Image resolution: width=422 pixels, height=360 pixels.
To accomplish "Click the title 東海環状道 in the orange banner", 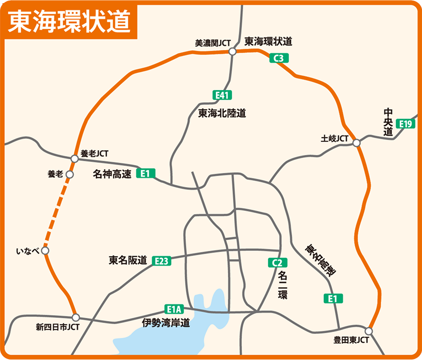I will coord(70,21).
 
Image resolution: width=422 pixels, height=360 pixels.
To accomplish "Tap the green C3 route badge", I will coord(279,59).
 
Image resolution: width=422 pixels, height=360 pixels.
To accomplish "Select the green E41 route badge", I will coord(223,95).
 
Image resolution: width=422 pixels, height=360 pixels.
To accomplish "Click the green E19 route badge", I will coord(407,124).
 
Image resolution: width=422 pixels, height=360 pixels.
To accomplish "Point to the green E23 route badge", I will coord(161,260).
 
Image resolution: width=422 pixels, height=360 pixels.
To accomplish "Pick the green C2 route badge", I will coord(276,262).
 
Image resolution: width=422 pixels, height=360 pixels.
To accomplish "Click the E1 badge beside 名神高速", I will coord(146,173).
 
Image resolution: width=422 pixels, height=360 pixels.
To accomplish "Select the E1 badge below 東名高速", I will coord(333,299).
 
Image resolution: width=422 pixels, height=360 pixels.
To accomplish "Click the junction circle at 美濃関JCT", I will coord(232,52).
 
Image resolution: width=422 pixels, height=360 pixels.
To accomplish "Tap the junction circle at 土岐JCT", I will coord(357,143).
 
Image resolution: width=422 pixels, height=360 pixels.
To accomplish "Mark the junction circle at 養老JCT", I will coord(75,158).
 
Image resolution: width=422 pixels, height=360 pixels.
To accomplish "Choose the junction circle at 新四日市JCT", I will coord(76,317).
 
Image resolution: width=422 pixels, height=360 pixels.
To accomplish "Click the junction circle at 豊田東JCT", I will coord(368,331).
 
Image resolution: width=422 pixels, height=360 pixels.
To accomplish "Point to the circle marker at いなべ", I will coord(45,251).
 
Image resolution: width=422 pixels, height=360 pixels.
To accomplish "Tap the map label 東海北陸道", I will coord(222,113).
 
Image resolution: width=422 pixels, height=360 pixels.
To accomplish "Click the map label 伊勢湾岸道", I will coord(166,323).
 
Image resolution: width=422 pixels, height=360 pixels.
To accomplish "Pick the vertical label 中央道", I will coord(389,122).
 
